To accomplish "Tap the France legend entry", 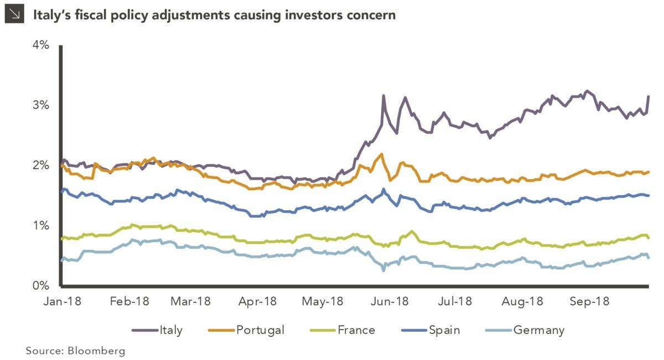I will pos(356,331).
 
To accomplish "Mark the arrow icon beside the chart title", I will pos(13,14).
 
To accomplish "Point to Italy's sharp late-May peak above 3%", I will pos(383,96).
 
